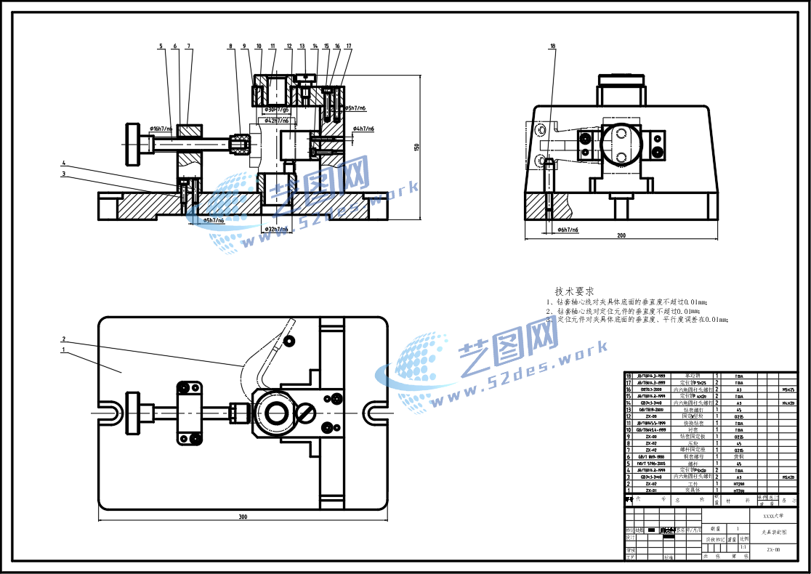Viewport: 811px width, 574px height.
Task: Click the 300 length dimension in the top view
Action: pyautogui.click(x=243, y=517)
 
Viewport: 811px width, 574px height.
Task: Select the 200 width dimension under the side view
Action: pyautogui.click(x=621, y=235)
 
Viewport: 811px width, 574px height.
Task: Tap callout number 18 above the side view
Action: pyautogui.click(x=553, y=46)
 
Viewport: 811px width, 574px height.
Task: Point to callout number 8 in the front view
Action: pyautogui.click(x=231, y=46)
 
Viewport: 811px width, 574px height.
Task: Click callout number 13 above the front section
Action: pyautogui.click(x=302, y=46)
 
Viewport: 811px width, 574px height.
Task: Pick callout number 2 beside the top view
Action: pyautogui.click(x=64, y=339)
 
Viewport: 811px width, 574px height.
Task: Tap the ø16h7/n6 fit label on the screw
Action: pyautogui.click(x=161, y=129)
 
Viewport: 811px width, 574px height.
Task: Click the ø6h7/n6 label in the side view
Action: pyautogui.click(x=568, y=230)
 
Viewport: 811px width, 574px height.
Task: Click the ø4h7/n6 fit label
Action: pyautogui.click(x=363, y=129)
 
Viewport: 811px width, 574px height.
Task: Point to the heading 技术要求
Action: pyautogui.click(x=574, y=291)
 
